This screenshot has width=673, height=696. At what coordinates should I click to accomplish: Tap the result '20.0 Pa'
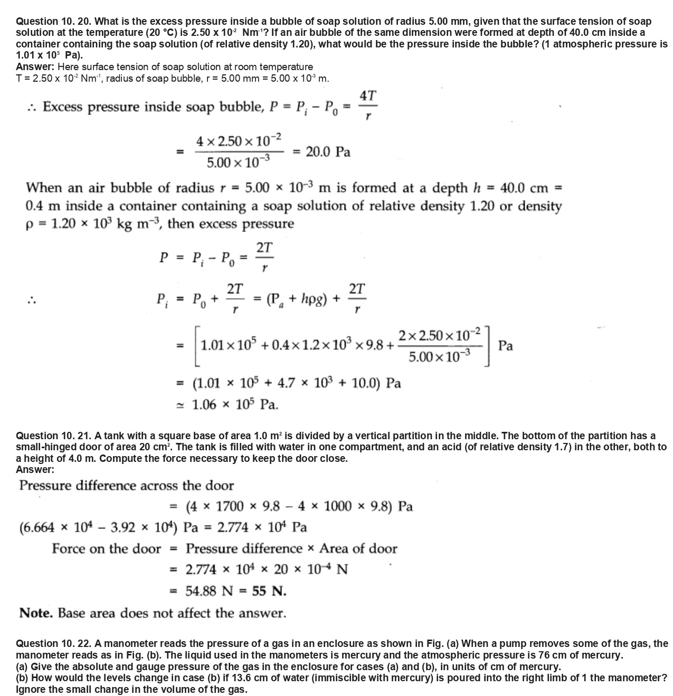(328, 152)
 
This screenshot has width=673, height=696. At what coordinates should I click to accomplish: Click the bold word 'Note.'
(36, 613)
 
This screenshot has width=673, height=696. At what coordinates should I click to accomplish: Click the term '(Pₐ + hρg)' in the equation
(299, 300)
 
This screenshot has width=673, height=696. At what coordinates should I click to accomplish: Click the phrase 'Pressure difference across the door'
(126, 485)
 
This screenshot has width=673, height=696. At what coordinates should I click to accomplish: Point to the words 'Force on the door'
(106, 548)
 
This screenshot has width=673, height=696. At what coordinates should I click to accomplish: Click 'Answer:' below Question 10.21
(35, 469)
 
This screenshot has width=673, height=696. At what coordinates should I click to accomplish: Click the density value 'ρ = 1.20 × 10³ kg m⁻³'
(94, 224)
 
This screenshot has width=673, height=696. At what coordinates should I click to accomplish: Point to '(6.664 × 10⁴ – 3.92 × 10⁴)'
(99, 527)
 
